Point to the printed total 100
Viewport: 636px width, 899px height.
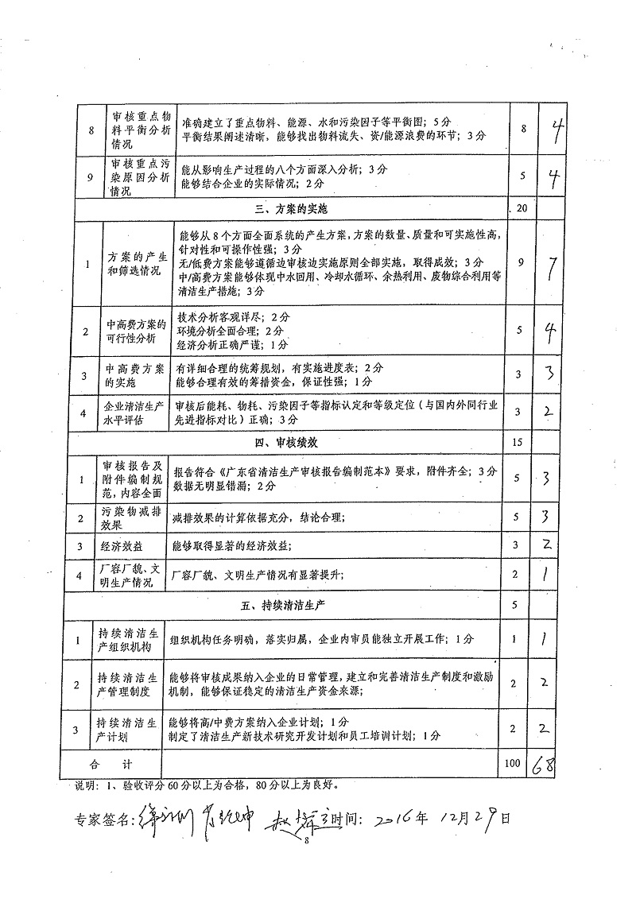513,763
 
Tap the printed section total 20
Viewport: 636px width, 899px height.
522,209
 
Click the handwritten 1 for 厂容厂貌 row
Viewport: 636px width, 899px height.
545,574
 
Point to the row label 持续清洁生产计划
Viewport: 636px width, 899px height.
130,729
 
